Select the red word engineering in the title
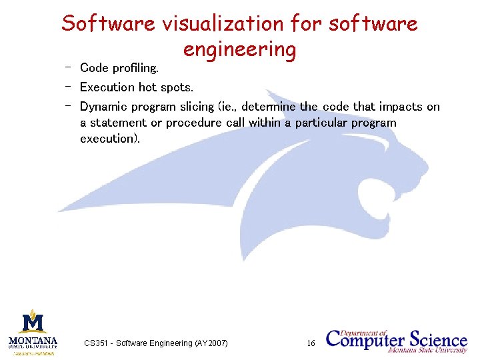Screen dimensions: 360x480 coord(239,50)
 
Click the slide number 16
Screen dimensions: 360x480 coord(311,343)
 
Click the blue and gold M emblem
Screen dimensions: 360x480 coord(33,321)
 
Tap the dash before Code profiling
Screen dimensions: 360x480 coord(68,67)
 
